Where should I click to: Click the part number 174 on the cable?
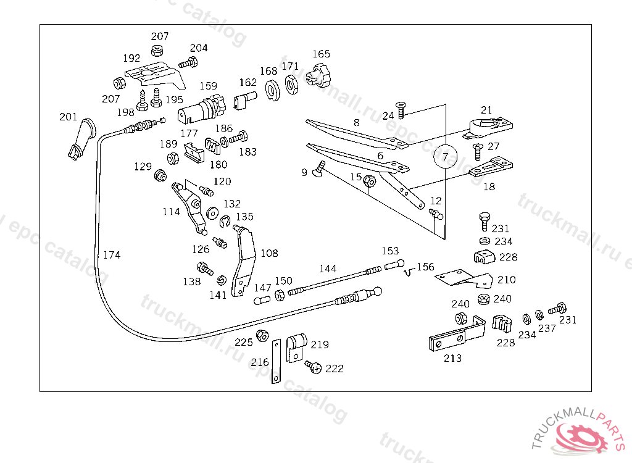pos(112,255)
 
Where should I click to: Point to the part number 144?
pos(328,269)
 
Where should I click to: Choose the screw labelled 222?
pos(314,367)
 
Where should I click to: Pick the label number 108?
pos(269,253)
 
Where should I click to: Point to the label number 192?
pos(131,59)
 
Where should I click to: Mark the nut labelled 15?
pos(370,181)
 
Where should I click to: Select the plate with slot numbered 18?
pos(491,167)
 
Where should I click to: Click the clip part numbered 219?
pos(296,346)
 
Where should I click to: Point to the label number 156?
pos(425,267)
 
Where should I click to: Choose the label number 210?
pos(506,280)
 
